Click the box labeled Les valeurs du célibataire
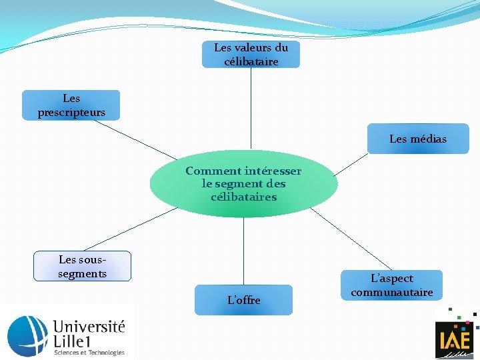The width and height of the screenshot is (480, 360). [251, 55]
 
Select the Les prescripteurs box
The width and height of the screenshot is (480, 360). [71, 105]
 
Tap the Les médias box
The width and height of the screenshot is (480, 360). [418, 139]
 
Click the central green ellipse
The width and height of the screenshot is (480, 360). [243, 183]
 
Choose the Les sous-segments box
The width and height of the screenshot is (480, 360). [83, 267]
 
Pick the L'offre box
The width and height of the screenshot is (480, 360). [243, 300]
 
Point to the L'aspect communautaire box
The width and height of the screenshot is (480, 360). [392, 285]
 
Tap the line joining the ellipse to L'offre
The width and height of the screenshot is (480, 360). [243, 251]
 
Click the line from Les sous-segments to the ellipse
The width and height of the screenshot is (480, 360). [130, 229]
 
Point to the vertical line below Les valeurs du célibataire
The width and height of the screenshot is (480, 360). [251, 107]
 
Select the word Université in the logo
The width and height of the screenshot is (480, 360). [89, 327]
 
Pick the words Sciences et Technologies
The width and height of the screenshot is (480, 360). [89, 353]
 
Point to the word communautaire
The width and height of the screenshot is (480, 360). [392, 293]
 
